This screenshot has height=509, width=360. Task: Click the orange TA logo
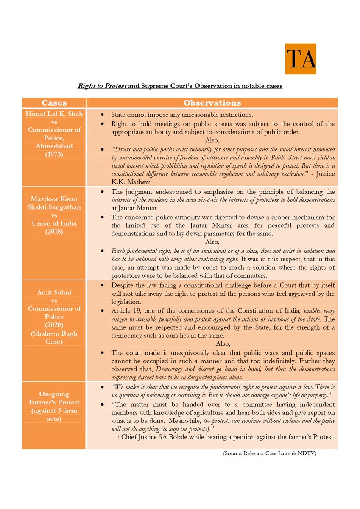301,59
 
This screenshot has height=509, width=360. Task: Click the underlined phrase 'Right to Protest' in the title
102,86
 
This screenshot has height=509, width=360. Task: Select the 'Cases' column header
54,103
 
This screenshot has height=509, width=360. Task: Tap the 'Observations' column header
212,103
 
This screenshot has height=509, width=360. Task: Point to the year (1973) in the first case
54,154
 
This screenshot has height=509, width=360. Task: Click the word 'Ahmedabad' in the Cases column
54,146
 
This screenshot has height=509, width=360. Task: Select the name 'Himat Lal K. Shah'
54,114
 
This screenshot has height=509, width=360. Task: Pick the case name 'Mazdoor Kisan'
54,199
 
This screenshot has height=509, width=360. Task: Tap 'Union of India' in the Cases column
54,224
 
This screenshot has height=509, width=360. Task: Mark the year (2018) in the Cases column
54,232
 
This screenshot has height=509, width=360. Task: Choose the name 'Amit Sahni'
54,292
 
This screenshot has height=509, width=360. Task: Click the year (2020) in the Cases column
54,325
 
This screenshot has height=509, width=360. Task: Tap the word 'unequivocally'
180,353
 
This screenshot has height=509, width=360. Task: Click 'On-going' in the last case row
54,394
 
